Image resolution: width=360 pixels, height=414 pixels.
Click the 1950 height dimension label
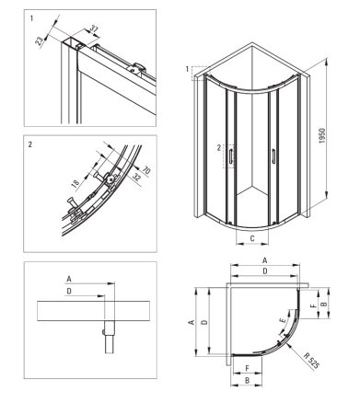point(321,136)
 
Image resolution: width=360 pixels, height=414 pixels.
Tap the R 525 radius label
point(312,361)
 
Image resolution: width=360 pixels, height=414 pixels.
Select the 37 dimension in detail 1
point(94,29)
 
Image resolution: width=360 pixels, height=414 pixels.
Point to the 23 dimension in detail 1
point(40,40)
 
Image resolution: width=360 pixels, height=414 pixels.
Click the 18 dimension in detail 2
point(75,183)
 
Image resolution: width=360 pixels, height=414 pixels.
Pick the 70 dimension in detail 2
point(146,170)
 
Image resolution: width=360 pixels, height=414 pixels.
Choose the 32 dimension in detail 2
point(136,177)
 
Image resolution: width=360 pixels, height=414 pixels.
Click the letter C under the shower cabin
point(252,238)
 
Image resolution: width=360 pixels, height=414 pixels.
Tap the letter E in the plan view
point(283,320)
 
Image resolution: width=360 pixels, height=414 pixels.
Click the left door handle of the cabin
point(230,155)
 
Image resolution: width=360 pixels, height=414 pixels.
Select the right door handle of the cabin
point(273,155)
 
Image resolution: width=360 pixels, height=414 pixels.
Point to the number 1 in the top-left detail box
point(31,18)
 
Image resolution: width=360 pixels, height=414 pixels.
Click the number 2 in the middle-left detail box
point(30,144)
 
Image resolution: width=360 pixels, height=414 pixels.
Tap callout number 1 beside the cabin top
point(187,70)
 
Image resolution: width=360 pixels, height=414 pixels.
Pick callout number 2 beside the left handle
point(218,148)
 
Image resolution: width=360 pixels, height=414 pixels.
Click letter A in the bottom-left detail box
point(69,279)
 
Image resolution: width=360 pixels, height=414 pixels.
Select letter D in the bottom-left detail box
point(69,291)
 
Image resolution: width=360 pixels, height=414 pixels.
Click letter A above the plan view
point(265,260)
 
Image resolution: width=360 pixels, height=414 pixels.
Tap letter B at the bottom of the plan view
point(248,380)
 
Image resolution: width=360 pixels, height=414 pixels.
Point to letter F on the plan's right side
point(313,305)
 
